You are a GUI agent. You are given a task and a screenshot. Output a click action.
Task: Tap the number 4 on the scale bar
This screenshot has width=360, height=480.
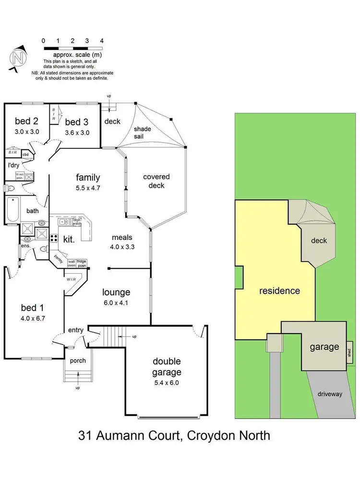[102, 41]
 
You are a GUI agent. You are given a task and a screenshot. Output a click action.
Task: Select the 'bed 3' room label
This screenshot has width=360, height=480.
[77, 123]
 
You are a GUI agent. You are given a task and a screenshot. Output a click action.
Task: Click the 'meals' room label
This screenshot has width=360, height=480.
[122, 237]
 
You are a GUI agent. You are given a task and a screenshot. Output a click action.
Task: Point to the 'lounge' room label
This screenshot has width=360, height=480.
[116, 292]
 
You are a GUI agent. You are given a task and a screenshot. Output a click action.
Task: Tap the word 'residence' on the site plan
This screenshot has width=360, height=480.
[279, 290]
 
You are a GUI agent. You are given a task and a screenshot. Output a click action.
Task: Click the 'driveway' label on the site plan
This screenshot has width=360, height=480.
[329, 394]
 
